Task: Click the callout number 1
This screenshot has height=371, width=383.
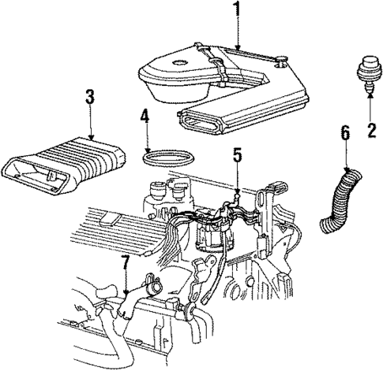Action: click(x=235, y=10)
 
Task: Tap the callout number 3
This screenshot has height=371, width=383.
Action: click(x=89, y=98)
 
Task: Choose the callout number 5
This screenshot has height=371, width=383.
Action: click(x=236, y=156)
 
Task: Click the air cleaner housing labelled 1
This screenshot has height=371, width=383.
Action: click(x=221, y=79)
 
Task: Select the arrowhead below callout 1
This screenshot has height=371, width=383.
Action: click(x=235, y=50)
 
